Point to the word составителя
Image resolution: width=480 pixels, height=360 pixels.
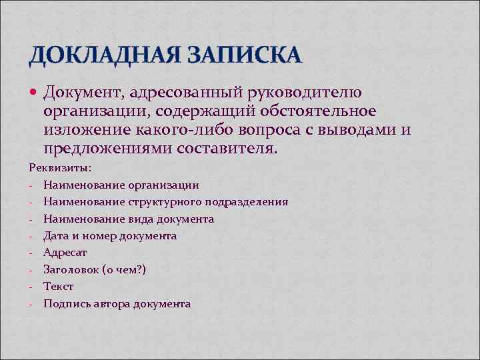226,148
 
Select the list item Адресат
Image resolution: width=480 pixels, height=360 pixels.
65,253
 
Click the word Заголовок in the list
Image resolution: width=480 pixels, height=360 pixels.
71,269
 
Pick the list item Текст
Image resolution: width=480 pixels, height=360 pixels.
59,287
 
